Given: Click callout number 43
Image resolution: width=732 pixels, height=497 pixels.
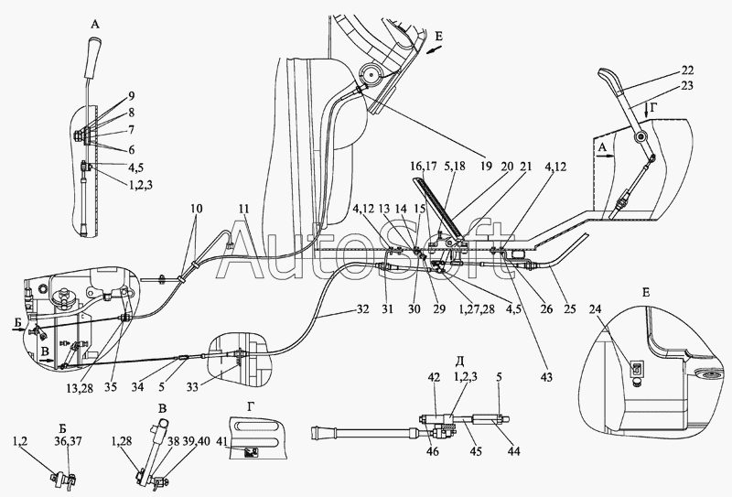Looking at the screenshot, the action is [x=545, y=376].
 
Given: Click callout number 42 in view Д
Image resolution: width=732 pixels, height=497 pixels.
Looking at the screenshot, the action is [x=434, y=377].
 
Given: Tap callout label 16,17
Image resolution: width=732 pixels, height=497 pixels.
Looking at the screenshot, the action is [x=424, y=167].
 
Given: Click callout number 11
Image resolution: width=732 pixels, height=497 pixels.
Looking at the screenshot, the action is [x=243, y=209].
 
